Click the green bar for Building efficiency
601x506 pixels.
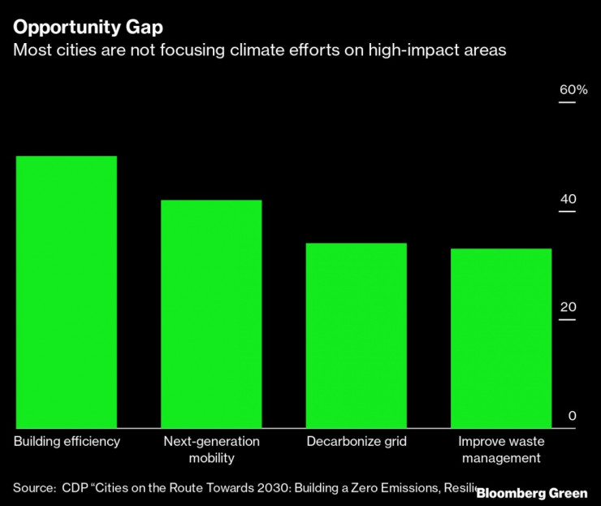point(67,292)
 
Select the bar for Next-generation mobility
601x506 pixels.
point(211,314)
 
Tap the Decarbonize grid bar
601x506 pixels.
point(356,335)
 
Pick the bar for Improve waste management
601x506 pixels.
point(501,338)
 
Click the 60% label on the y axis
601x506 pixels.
point(573,89)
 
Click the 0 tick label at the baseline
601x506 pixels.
point(572,416)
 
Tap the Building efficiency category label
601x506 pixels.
point(67,442)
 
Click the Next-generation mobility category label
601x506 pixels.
point(211,450)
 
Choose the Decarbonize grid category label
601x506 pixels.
point(357,442)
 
